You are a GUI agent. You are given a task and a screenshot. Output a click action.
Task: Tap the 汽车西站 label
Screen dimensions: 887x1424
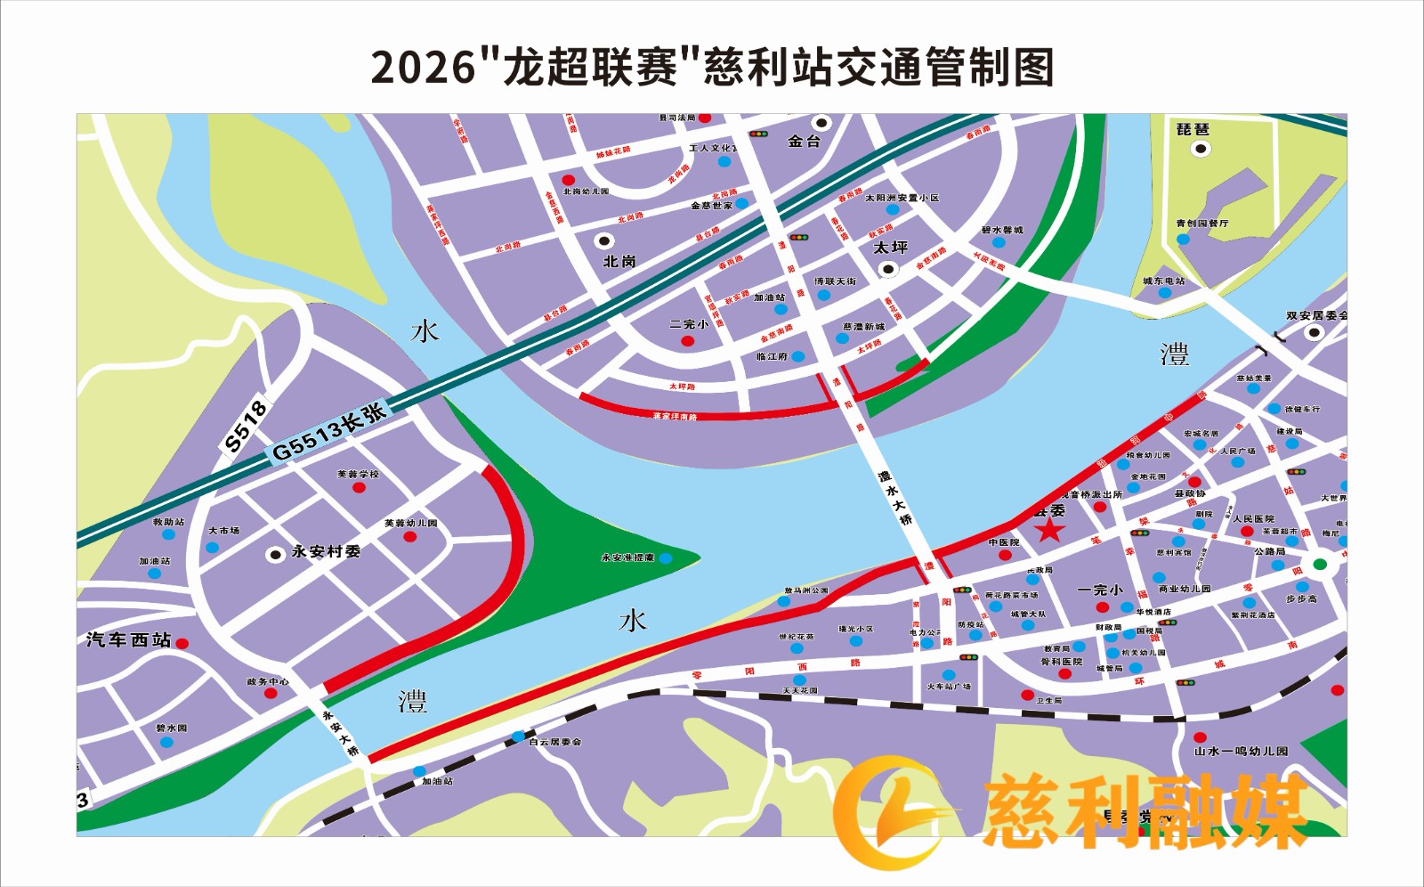(x=128, y=640)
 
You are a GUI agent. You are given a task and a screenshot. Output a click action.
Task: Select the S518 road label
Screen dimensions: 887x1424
(x=246, y=427)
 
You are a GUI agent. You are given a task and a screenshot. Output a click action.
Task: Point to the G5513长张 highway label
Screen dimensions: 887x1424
(x=329, y=432)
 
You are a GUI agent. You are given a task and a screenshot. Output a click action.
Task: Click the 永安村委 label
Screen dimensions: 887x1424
(x=326, y=552)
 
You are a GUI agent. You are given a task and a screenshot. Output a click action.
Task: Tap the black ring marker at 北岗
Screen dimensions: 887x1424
(x=605, y=240)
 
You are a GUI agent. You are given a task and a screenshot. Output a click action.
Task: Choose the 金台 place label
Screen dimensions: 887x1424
(x=805, y=141)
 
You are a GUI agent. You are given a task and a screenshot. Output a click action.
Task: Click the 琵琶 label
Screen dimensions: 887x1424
(x=1193, y=130)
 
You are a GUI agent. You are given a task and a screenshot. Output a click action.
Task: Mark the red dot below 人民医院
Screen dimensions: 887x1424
(x=1247, y=532)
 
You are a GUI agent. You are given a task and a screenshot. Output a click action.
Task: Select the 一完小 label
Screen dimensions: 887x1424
(x=1100, y=590)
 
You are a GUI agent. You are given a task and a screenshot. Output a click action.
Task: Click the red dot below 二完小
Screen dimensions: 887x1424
(x=688, y=341)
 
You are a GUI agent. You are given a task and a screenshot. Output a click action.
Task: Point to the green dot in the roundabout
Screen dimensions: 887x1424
(x=1321, y=564)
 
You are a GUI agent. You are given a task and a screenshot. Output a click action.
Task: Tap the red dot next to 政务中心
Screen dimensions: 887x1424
(x=271, y=694)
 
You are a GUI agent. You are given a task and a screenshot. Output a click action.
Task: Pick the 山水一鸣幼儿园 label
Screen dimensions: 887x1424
(x=1241, y=752)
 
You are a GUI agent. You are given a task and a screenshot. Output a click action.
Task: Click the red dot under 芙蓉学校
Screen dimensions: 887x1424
(x=359, y=488)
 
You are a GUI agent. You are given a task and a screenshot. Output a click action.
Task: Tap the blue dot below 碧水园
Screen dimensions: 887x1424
(x=166, y=742)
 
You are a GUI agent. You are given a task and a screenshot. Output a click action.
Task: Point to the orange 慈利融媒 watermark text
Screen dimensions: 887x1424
(x=1144, y=810)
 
